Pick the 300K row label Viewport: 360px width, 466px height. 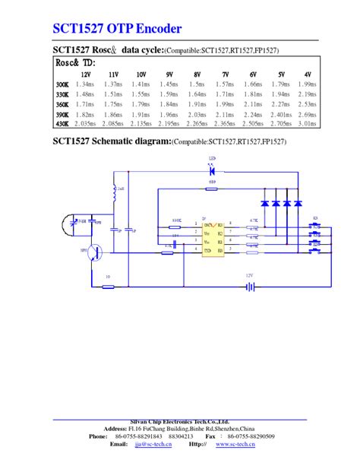click(62, 84)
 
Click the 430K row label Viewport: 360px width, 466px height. click(62, 122)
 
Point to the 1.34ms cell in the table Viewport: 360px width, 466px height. click(86, 84)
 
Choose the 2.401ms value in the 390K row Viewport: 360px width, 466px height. click(279, 113)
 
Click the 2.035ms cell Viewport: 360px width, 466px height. click(85, 122)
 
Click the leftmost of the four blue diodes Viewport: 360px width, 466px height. click(264, 203)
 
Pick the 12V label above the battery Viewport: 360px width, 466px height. click(248, 275)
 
